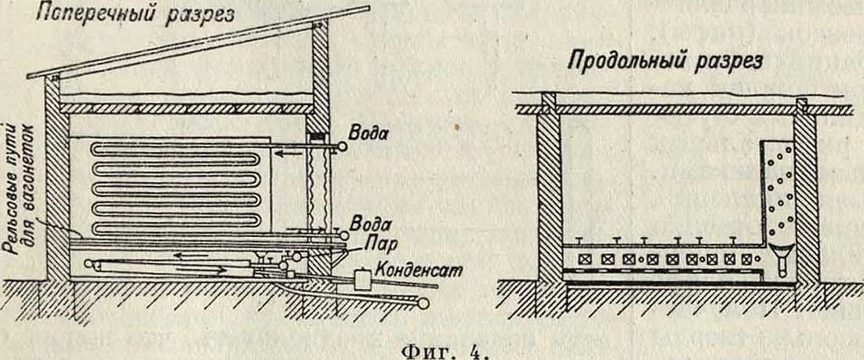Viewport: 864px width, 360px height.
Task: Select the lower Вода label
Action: click(367, 222)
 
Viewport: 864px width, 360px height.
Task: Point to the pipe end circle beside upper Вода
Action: click(342, 145)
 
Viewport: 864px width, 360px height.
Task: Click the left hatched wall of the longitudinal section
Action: click(548, 196)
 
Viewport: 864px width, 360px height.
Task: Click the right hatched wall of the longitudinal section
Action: click(807, 196)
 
